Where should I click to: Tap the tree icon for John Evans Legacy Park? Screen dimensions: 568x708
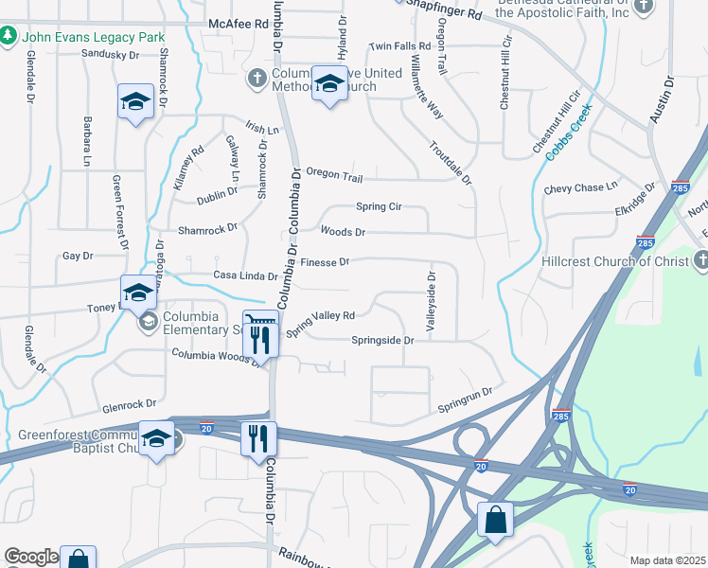point(9,36)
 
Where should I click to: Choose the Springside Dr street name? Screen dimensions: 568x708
point(383,340)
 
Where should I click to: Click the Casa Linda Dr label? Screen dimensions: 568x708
point(245,276)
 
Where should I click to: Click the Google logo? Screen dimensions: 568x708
point(32,557)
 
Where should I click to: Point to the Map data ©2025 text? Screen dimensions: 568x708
point(666,560)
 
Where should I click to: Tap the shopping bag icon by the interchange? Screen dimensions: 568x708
point(495,520)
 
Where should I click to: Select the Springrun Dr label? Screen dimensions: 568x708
point(465,399)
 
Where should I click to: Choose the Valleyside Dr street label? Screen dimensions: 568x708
point(431,301)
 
